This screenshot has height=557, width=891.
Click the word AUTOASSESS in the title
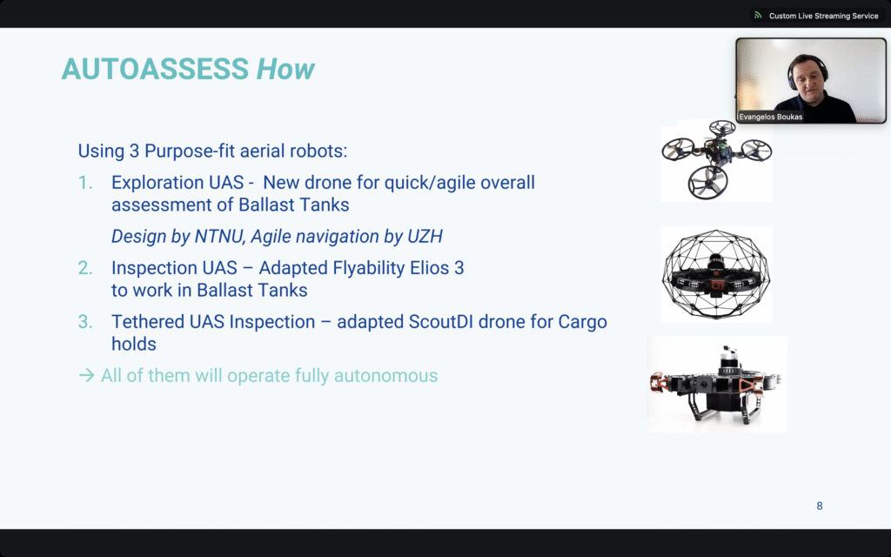[x=155, y=69]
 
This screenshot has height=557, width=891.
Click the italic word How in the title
[x=285, y=69]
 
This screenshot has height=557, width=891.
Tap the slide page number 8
[x=820, y=506]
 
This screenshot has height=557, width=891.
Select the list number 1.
[x=85, y=183]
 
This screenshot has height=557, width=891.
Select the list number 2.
[x=85, y=268]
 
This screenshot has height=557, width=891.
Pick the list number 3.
[x=85, y=322]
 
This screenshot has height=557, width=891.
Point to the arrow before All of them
[x=86, y=376]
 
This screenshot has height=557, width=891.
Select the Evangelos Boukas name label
[x=771, y=117]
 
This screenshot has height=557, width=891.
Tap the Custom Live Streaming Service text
[x=823, y=16]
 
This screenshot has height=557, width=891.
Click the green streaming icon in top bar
[x=758, y=16]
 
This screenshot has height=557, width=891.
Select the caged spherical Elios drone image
[x=717, y=274]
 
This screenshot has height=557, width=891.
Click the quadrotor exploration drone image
[x=717, y=160]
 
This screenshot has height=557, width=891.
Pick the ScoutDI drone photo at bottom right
[x=717, y=384]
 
